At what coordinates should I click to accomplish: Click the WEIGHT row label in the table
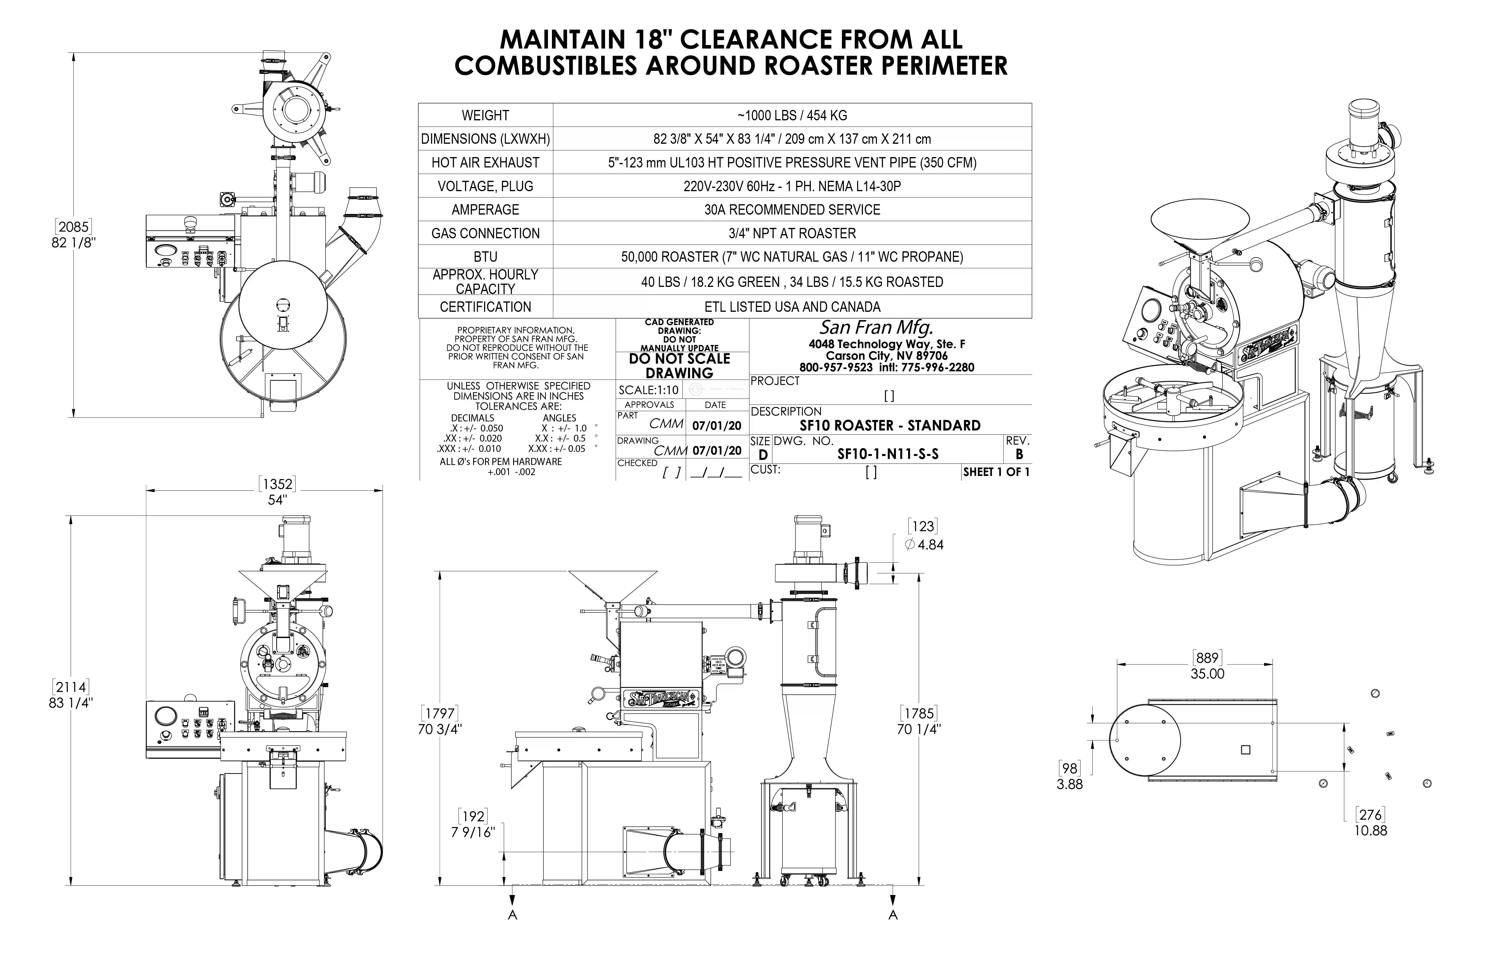485,116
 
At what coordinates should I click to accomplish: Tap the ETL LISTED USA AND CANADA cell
792,307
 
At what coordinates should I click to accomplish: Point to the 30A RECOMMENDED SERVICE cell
792,210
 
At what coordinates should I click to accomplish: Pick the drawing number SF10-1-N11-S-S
888,454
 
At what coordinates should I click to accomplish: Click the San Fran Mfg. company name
876,328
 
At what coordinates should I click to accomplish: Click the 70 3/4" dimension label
439,729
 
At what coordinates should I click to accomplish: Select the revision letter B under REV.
1019,454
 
